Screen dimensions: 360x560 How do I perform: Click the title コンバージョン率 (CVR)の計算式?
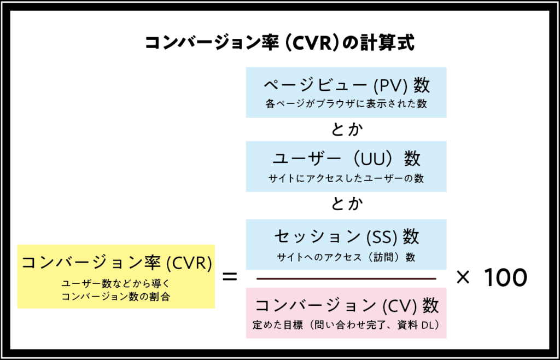279,43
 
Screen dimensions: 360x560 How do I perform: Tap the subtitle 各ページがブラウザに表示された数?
346,103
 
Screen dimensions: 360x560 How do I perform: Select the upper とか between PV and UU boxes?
346,130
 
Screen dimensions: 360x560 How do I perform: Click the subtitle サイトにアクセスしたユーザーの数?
346,178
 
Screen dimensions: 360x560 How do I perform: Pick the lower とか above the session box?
346,204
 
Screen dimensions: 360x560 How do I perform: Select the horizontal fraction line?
346,278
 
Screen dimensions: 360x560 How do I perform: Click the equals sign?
230,277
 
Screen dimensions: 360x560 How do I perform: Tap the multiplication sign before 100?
463,278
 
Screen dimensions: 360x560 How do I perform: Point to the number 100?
506,278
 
